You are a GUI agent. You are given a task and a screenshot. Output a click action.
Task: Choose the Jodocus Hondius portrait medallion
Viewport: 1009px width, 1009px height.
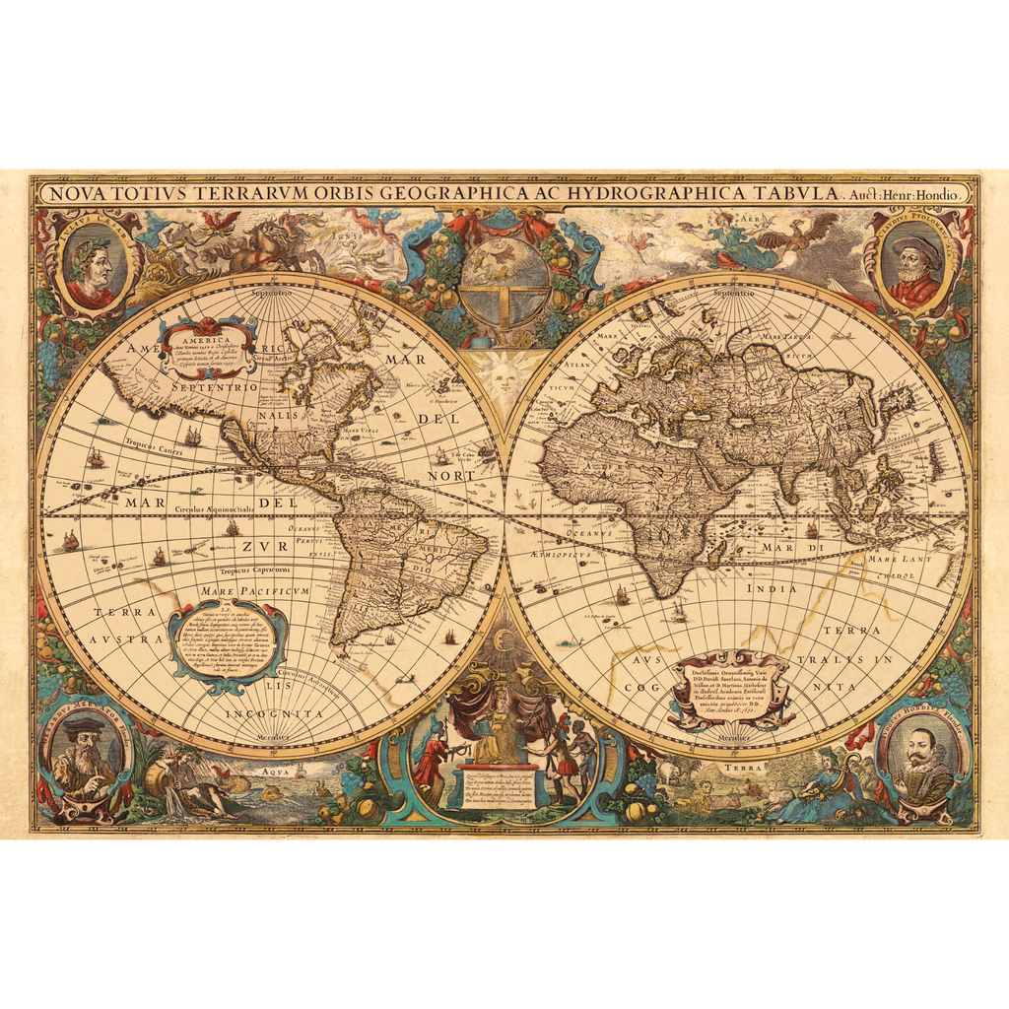point(921,758)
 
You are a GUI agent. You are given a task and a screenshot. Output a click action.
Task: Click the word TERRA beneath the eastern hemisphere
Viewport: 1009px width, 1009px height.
point(743,766)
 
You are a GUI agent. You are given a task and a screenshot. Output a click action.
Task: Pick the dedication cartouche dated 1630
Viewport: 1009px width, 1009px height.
point(731,690)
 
